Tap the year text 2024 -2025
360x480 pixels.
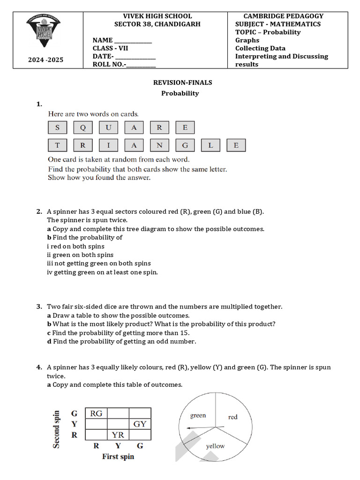[45, 60]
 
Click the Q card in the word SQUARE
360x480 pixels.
[83, 127]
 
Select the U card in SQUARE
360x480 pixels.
[108, 127]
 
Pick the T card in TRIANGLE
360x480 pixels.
[57, 145]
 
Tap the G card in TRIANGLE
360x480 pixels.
[185, 145]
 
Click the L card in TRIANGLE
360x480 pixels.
[210, 145]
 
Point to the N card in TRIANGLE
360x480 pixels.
[159, 145]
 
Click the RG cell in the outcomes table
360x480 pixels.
[96, 413]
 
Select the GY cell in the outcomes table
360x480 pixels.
[140, 424]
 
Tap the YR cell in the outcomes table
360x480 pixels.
[118, 435]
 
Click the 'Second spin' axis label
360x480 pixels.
[57, 429]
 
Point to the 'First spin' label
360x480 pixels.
[118, 457]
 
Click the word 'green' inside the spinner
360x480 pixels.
[198, 415]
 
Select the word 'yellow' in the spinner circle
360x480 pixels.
[215, 446]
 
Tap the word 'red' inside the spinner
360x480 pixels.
[232, 417]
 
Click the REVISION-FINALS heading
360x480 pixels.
[182, 82]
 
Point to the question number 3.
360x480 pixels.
[39, 307]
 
